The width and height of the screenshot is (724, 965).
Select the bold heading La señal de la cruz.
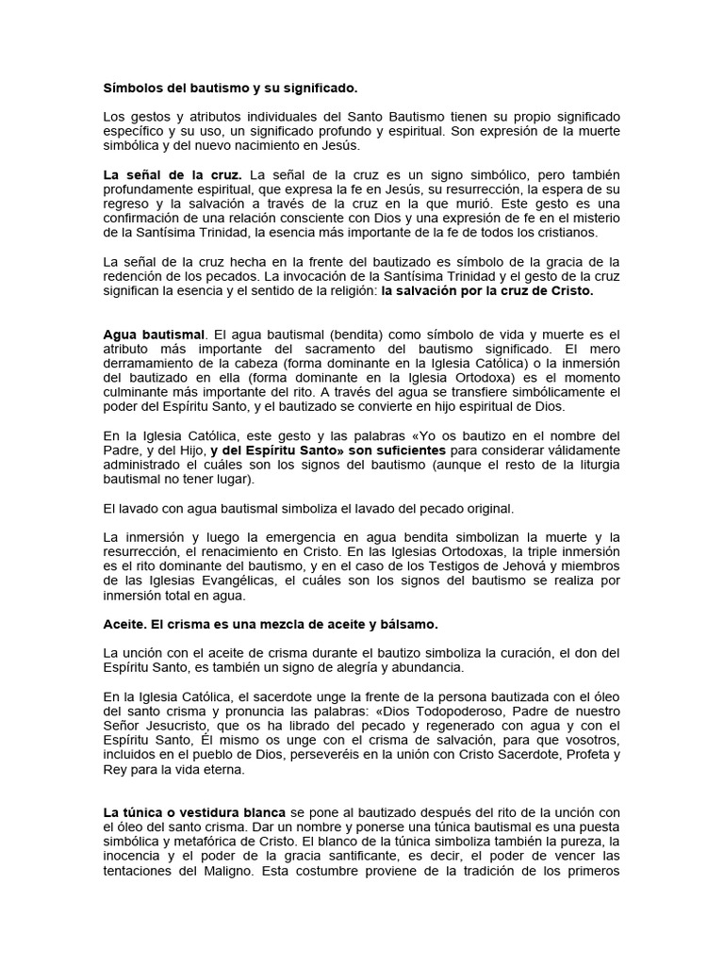[x=173, y=175]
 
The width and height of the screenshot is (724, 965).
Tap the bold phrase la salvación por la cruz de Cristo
[x=487, y=292]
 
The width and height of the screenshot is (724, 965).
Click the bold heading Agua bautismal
[x=153, y=335]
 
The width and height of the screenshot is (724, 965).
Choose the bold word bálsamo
[x=407, y=625]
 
